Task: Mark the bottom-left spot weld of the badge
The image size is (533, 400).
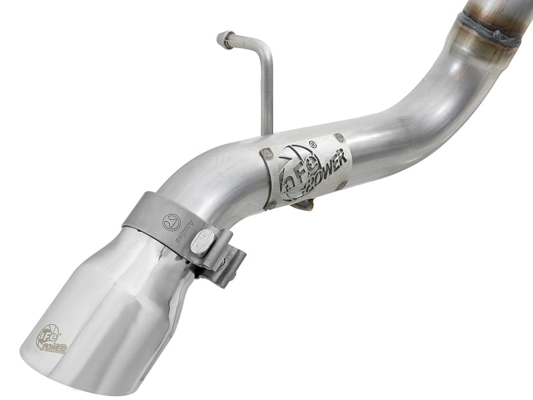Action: pos(270,205)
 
